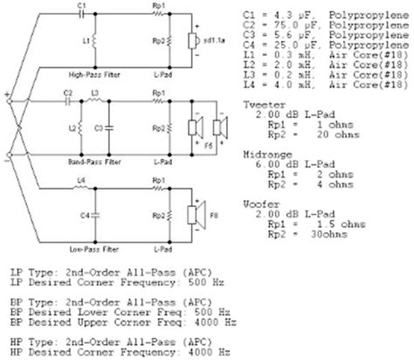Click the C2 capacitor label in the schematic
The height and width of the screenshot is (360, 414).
click(67, 93)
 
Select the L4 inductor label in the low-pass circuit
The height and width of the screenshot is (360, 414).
click(80, 179)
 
